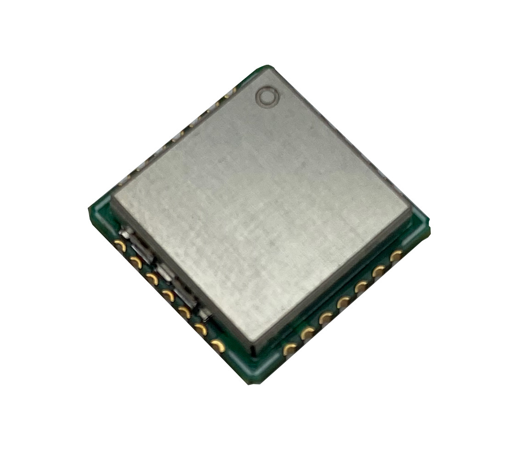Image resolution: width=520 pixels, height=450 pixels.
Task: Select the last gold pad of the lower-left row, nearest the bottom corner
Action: pyautogui.click(x=220, y=345)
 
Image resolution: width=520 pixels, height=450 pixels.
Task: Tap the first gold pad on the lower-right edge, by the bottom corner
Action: pyautogui.click(x=290, y=349)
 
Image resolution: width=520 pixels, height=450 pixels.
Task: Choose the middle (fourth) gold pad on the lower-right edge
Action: pyautogui.click(x=343, y=302)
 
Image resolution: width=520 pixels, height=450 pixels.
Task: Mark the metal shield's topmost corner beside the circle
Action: pyautogui.click(x=271, y=67)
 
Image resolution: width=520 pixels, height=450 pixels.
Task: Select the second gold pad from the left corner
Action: pyautogui.click(x=136, y=262)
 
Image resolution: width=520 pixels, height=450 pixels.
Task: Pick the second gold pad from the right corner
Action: pyautogui.click(x=379, y=271)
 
